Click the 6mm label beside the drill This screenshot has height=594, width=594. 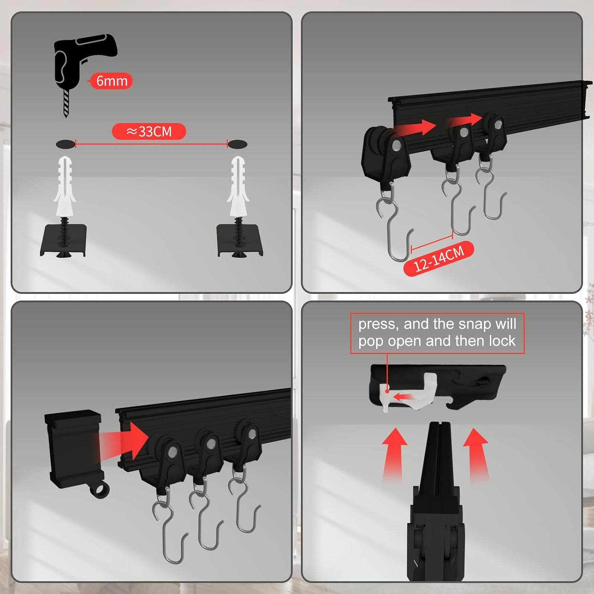112,81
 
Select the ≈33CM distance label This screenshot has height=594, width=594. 149,131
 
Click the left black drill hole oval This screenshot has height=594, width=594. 65,144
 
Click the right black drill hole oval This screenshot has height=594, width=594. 238,144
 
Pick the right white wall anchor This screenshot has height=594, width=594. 238,186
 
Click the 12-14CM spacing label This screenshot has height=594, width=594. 439,258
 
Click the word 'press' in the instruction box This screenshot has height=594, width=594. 377,324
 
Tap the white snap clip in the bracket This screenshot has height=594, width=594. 410,392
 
